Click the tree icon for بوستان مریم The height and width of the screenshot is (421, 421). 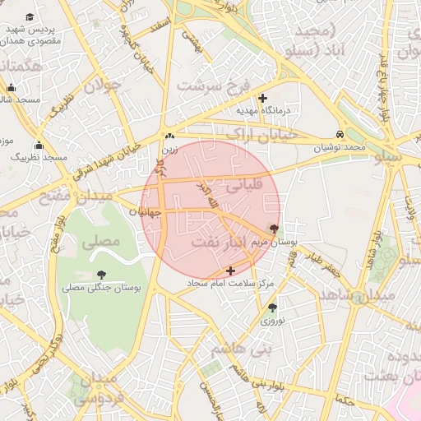click(274, 229)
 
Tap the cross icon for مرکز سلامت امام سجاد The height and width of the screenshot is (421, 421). click(229, 270)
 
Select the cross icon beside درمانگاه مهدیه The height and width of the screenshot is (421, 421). click(262, 98)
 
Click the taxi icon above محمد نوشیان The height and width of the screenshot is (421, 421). click(340, 134)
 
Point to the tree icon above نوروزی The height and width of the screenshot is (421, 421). click(272, 308)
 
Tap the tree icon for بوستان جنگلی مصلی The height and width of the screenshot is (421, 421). click(101, 275)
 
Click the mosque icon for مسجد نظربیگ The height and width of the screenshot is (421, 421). click(38, 146)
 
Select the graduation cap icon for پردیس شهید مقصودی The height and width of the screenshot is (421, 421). click(30, 17)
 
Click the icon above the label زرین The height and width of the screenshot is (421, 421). click(169, 136)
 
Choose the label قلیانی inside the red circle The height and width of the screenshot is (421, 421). click(242, 187)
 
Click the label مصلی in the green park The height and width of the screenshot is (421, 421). click(103, 242)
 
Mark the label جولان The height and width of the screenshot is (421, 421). click(102, 84)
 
